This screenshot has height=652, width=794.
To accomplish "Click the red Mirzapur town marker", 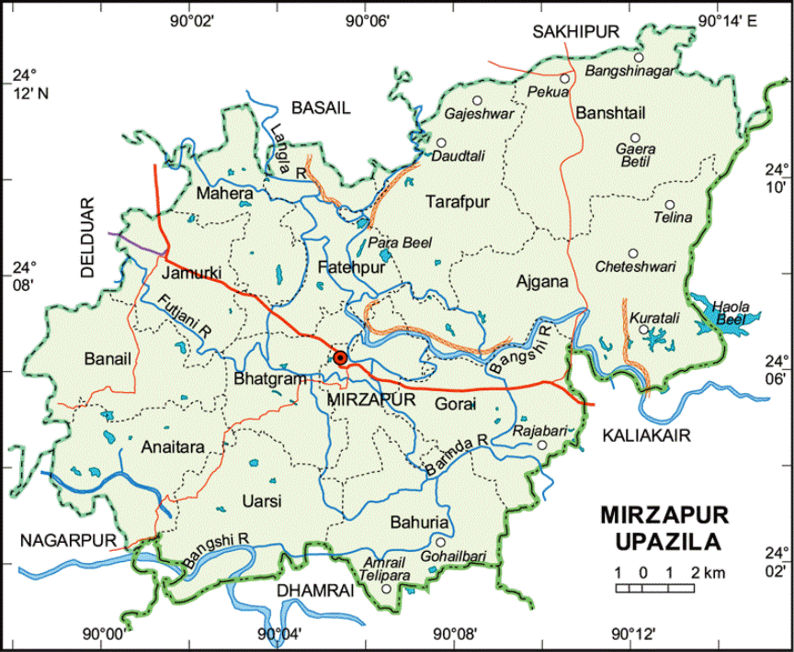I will [x=340, y=357].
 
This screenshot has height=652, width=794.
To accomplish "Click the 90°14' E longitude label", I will [x=725, y=20].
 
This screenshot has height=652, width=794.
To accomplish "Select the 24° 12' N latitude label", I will [x=34, y=83].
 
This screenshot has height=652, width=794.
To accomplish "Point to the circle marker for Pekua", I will [x=565, y=79].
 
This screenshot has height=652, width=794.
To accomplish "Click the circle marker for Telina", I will [x=670, y=205].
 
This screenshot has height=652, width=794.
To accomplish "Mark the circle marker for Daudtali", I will [x=441, y=142].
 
